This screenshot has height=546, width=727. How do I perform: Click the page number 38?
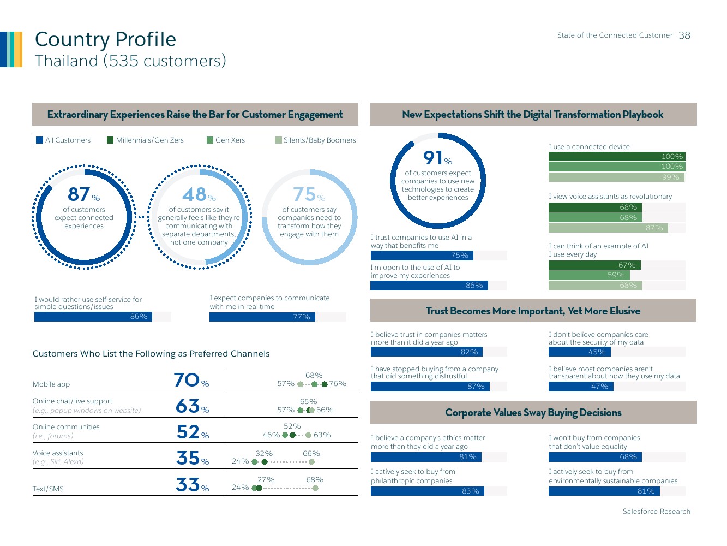point(684,35)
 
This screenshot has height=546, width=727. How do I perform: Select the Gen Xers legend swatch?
point(210,140)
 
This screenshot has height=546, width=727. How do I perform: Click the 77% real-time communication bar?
point(262,317)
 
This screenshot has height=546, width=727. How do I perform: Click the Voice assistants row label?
point(58,453)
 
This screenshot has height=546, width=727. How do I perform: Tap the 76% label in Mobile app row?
point(338,384)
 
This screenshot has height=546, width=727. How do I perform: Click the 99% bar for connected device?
point(616,177)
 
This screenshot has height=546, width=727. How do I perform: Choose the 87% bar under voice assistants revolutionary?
point(608,228)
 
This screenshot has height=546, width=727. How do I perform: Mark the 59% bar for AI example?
point(589,275)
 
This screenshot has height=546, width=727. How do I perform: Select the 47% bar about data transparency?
point(581,387)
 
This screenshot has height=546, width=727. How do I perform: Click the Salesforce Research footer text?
point(656,512)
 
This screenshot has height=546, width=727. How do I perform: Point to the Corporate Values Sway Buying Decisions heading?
point(533,413)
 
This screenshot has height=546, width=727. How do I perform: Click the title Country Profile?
point(105,39)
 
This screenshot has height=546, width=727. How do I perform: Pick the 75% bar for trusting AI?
point(422,256)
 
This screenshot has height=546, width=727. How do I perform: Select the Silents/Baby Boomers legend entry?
point(319,140)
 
